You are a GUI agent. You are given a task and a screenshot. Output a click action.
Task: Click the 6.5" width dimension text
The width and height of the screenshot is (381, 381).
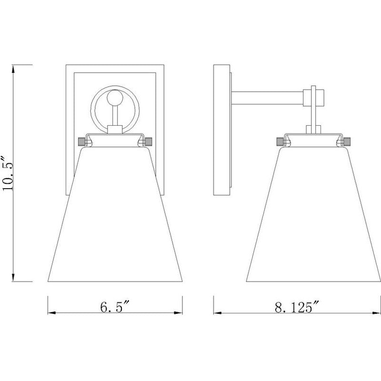pyautogui.click(x=115, y=306)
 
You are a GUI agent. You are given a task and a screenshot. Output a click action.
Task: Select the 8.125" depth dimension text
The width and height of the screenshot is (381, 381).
pyautogui.click(x=296, y=307)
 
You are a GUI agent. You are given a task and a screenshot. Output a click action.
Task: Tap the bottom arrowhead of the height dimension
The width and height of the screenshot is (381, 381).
pyautogui.click(x=13, y=278)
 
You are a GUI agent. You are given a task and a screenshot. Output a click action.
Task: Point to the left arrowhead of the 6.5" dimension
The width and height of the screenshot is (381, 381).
pyautogui.click(x=51, y=313)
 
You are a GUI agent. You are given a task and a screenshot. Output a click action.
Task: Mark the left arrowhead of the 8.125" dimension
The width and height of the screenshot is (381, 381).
pyautogui.click(x=218, y=313)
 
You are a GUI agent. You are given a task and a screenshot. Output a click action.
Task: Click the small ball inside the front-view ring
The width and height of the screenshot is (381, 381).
pyautogui.click(x=114, y=97)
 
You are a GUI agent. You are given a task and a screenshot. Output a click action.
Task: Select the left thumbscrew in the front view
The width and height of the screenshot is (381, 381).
pyautogui.click(x=81, y=141)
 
